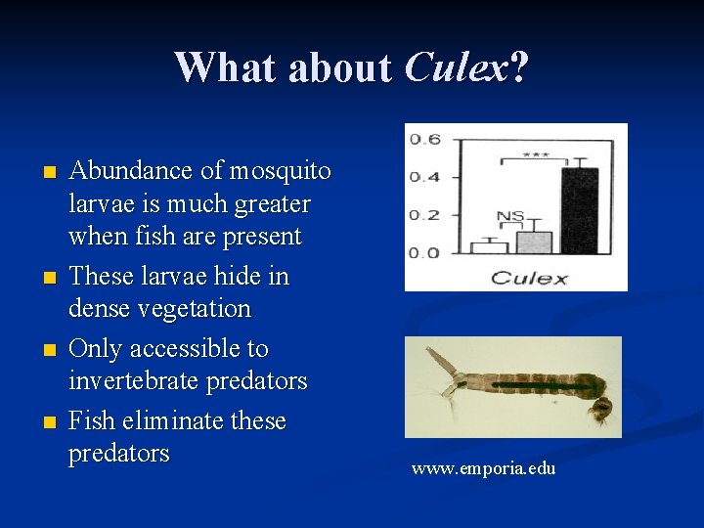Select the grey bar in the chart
click(x=534, y=242)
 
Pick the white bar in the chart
click(x=489, y=247)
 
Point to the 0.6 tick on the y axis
click(x=424, y=139)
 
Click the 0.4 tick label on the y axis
click(x=424, y=177)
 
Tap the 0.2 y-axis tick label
click(x=424, y=215)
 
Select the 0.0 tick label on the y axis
click(x=424, y=253)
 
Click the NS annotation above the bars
click(x=510, y=216)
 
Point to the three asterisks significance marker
click(x=535, y=154)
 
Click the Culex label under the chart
click(x=529, y=278)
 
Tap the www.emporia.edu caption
click(x=483, y=469)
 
